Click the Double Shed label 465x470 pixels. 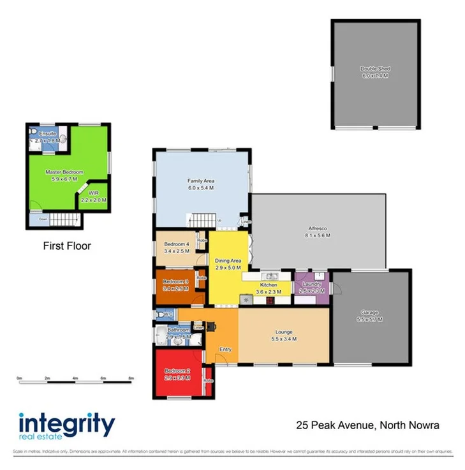click(x=374, y=68)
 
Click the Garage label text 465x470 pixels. click(x=369, y=312)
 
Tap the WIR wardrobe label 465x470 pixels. click(x=93, y=192)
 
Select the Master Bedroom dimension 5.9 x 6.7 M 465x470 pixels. click(x=64, y=179)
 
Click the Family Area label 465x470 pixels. click(x=200, y=181)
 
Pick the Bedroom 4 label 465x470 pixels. click(x=176, y=244)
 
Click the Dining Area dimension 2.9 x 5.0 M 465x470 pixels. click(x=228, y=268)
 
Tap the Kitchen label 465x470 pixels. click(x=268, y=285)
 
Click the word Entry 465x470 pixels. click(x=226, y=349)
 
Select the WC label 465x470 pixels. click(x=168, y=314)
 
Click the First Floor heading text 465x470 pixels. click(x=67, y=245)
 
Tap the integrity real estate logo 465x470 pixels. click(x=67, y=426)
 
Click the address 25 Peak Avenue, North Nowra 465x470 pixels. click(x=369, y=425)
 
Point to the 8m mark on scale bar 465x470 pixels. click(x=131, y=378)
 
